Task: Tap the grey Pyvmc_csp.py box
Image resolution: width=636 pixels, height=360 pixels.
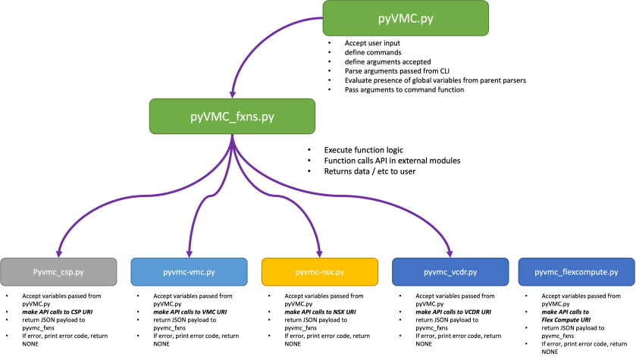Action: click(58, 271)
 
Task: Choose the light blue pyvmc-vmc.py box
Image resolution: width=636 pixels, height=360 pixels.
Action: click(189, 271)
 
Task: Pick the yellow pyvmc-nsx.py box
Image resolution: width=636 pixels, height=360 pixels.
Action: click(319, 271)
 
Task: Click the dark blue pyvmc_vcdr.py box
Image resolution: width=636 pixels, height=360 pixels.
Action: click(450, 271)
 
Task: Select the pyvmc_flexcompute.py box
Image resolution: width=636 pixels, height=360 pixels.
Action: click(576, 271)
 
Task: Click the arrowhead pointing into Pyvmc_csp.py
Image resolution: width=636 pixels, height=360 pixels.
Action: click(58, 253)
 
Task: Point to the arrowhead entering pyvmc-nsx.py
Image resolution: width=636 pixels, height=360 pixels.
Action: click(319, 253)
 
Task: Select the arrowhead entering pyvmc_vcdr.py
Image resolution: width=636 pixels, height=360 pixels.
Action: click(450, 253)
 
